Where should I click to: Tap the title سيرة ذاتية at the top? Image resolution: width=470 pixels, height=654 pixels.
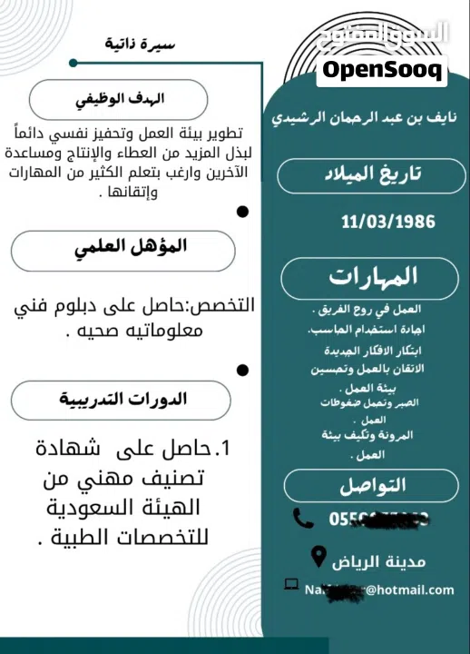click(140, 44)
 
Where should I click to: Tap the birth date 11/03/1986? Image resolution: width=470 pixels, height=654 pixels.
click(387, 222)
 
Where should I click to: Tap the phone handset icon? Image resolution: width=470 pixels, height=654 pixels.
click(303, 518)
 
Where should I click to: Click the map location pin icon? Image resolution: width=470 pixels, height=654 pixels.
click(318, 555)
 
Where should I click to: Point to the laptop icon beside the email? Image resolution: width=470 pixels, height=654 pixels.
click(291, 584)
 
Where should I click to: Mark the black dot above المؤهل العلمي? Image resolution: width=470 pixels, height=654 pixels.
click(242, 212)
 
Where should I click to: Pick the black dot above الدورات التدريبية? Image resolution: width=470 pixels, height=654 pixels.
click(242, 371)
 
